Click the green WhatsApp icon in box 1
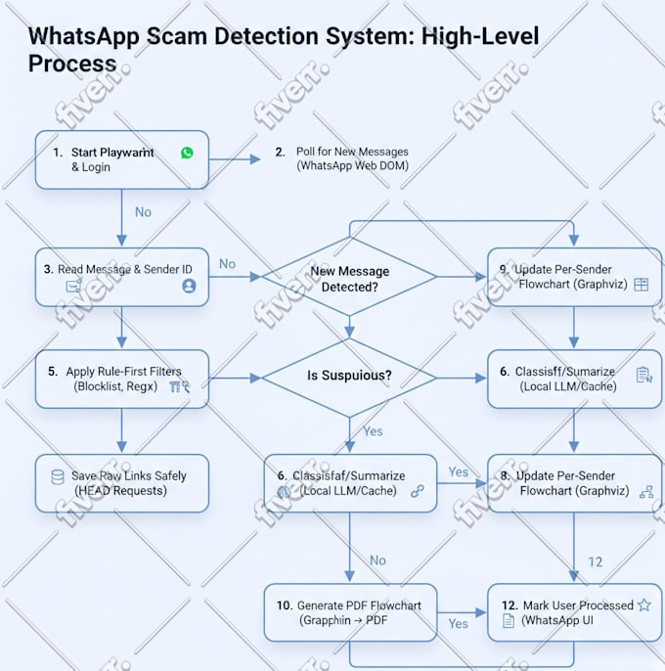[187, 153]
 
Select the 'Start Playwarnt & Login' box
[121, 159]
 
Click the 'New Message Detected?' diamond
[349, 279]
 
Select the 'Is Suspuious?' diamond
[349, 376]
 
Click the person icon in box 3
[189, 286]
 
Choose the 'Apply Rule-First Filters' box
[121, 379]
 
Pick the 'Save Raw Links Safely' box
[121, 483]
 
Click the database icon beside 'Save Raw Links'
[58, 476]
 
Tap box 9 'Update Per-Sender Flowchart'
[574, 277]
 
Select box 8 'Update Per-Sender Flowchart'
[574, 483]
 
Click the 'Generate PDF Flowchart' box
[349, 612]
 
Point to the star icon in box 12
[644, 605]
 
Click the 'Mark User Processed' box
[574, 612]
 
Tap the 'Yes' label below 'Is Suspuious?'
[373, 431]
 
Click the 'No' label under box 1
[143, 212]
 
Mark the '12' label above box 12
[596, 562]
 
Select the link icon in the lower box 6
[418, 491]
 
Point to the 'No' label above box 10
[377, 560]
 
